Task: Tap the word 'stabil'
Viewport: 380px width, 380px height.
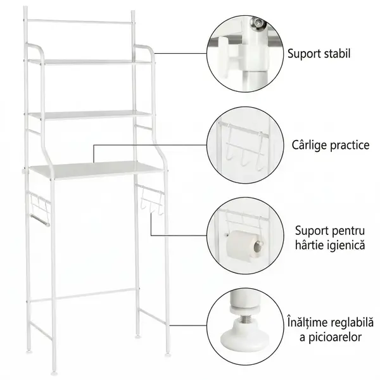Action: (x=338, y=53)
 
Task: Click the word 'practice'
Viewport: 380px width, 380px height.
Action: (x=348, y=145)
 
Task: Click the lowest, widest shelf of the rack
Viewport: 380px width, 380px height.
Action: (x=97, y=170)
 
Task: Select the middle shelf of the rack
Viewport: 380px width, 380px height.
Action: (x=91, y=115)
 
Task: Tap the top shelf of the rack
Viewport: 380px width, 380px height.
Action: (x=91, y=62)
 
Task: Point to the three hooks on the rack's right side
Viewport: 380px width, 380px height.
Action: (x=152, y=199)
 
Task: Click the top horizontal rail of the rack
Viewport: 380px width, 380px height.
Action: (x=80, y=22)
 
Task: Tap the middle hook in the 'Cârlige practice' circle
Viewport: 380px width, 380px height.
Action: (x=243, y=157)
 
